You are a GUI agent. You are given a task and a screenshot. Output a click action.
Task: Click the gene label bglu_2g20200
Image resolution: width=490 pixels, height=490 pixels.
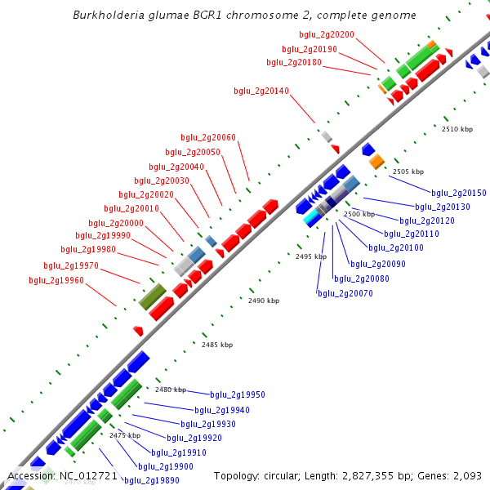[327, 34]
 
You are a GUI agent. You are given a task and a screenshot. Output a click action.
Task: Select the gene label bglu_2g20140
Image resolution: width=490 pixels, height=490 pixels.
[261, 91]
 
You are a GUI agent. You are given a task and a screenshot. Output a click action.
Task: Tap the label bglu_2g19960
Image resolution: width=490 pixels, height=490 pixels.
[56, 280]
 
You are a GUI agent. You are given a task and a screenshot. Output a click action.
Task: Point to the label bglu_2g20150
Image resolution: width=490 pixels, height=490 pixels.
[459, 193]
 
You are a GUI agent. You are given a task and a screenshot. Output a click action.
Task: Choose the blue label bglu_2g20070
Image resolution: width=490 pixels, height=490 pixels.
[345, 293]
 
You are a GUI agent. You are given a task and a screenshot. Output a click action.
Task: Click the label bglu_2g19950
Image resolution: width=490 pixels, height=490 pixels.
[238, 394]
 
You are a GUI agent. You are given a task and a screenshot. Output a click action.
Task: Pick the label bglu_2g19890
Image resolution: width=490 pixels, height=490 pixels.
[152, 480]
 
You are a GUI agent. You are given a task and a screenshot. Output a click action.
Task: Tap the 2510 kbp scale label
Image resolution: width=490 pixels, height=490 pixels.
[457, 129]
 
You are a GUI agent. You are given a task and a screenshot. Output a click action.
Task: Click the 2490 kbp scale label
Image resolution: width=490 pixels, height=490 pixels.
[264, 301]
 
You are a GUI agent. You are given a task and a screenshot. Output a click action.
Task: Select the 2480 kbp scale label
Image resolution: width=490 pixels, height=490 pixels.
[171, 390]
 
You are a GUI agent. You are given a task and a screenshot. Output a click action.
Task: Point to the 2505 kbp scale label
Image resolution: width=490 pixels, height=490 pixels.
[408, 171]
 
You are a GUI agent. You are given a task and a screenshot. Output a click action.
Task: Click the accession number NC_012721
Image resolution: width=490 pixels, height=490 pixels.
[89, 475]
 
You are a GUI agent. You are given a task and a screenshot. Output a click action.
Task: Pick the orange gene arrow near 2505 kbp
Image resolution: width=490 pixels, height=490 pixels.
[376, 162]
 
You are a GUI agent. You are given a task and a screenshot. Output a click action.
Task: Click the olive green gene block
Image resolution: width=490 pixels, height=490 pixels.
[152, 296]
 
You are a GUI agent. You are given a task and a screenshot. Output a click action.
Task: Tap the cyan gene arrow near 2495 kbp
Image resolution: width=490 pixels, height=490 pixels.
[311, 218]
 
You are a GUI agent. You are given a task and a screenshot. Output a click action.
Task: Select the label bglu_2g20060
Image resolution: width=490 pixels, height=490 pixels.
[208, 137]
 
